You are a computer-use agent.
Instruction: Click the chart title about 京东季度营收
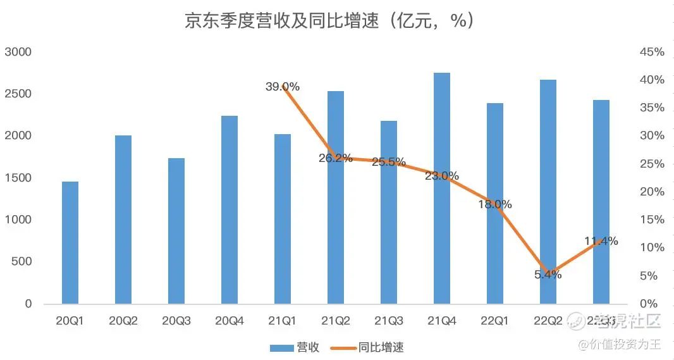(329, 22)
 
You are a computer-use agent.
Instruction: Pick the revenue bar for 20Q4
(230, 209)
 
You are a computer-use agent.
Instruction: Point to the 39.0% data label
(283, 87)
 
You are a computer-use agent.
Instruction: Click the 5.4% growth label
(548, 275)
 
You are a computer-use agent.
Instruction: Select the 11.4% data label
(601, 241)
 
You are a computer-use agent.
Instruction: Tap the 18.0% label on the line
(495, 204)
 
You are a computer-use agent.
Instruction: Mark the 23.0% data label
(442, 176)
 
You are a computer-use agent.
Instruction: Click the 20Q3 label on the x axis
(176, 321)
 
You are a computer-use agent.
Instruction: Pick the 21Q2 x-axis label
(336, 321)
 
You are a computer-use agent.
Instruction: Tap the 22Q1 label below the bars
(495, 321)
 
